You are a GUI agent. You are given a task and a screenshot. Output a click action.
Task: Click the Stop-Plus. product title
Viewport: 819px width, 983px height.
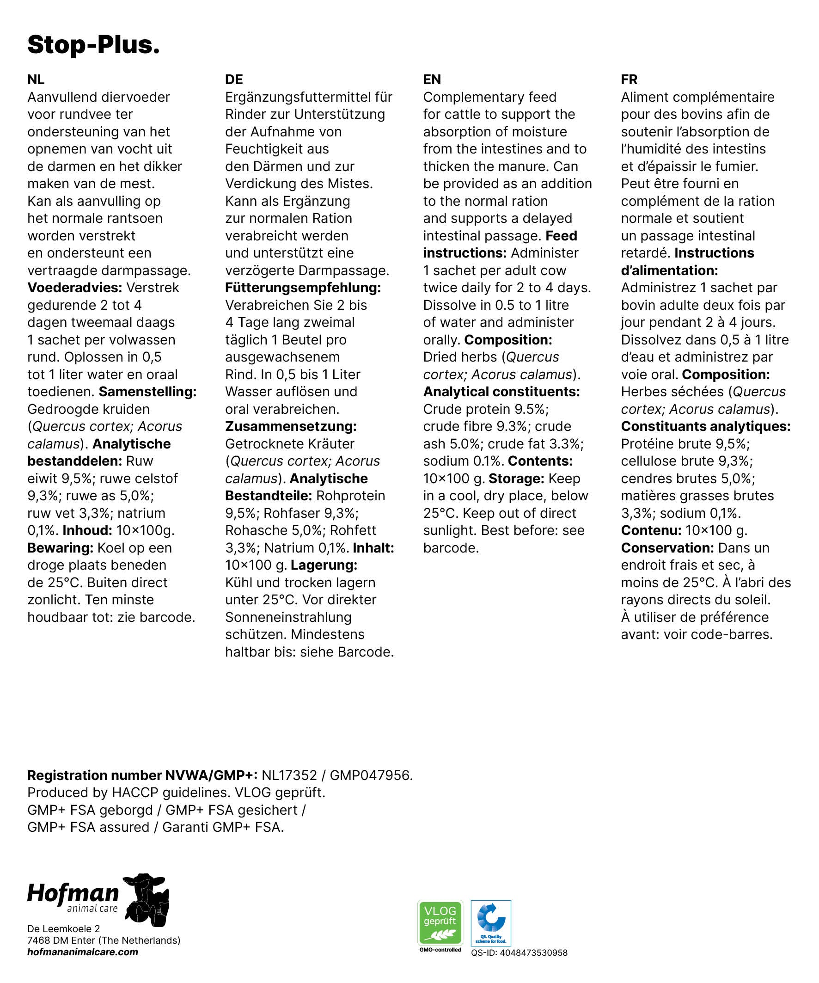point(94,45)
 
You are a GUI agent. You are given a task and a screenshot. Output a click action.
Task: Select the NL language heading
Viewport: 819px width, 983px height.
point(36,80)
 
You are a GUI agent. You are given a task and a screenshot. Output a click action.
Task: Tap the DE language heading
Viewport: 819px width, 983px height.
point(234,80)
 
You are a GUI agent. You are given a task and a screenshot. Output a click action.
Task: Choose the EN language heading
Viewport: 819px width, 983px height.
point(432,80)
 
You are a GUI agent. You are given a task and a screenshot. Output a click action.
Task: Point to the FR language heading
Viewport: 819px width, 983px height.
point(629,80)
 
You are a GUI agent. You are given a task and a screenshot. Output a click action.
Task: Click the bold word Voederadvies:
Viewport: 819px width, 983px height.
point(75,288)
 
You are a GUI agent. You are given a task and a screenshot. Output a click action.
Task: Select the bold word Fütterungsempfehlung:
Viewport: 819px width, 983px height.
point(303,288)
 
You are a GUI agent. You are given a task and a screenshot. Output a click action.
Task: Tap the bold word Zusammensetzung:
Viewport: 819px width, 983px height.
point(291,426)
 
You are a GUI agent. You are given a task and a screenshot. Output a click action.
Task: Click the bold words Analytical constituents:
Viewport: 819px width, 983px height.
point(501,392)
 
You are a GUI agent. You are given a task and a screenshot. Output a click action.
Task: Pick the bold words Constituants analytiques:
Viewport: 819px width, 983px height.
point(705,426)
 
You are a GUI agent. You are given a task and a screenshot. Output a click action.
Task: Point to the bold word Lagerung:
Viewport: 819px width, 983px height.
point(324,565)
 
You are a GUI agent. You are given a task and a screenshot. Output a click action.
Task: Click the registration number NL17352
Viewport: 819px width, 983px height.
point(289,776)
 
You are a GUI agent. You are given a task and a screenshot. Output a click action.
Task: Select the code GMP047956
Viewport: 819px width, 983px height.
point(370,776)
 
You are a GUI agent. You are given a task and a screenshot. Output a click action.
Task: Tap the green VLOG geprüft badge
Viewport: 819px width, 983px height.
point(440,922)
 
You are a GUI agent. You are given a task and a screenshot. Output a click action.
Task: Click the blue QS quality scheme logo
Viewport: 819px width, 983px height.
point(491,922)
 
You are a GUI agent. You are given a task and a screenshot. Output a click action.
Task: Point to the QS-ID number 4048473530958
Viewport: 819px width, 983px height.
point(533,952)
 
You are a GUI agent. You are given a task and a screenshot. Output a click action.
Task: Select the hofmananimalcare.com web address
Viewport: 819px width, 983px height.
point(83,952)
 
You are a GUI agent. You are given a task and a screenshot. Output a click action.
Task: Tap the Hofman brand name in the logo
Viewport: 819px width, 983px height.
point(73,893)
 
